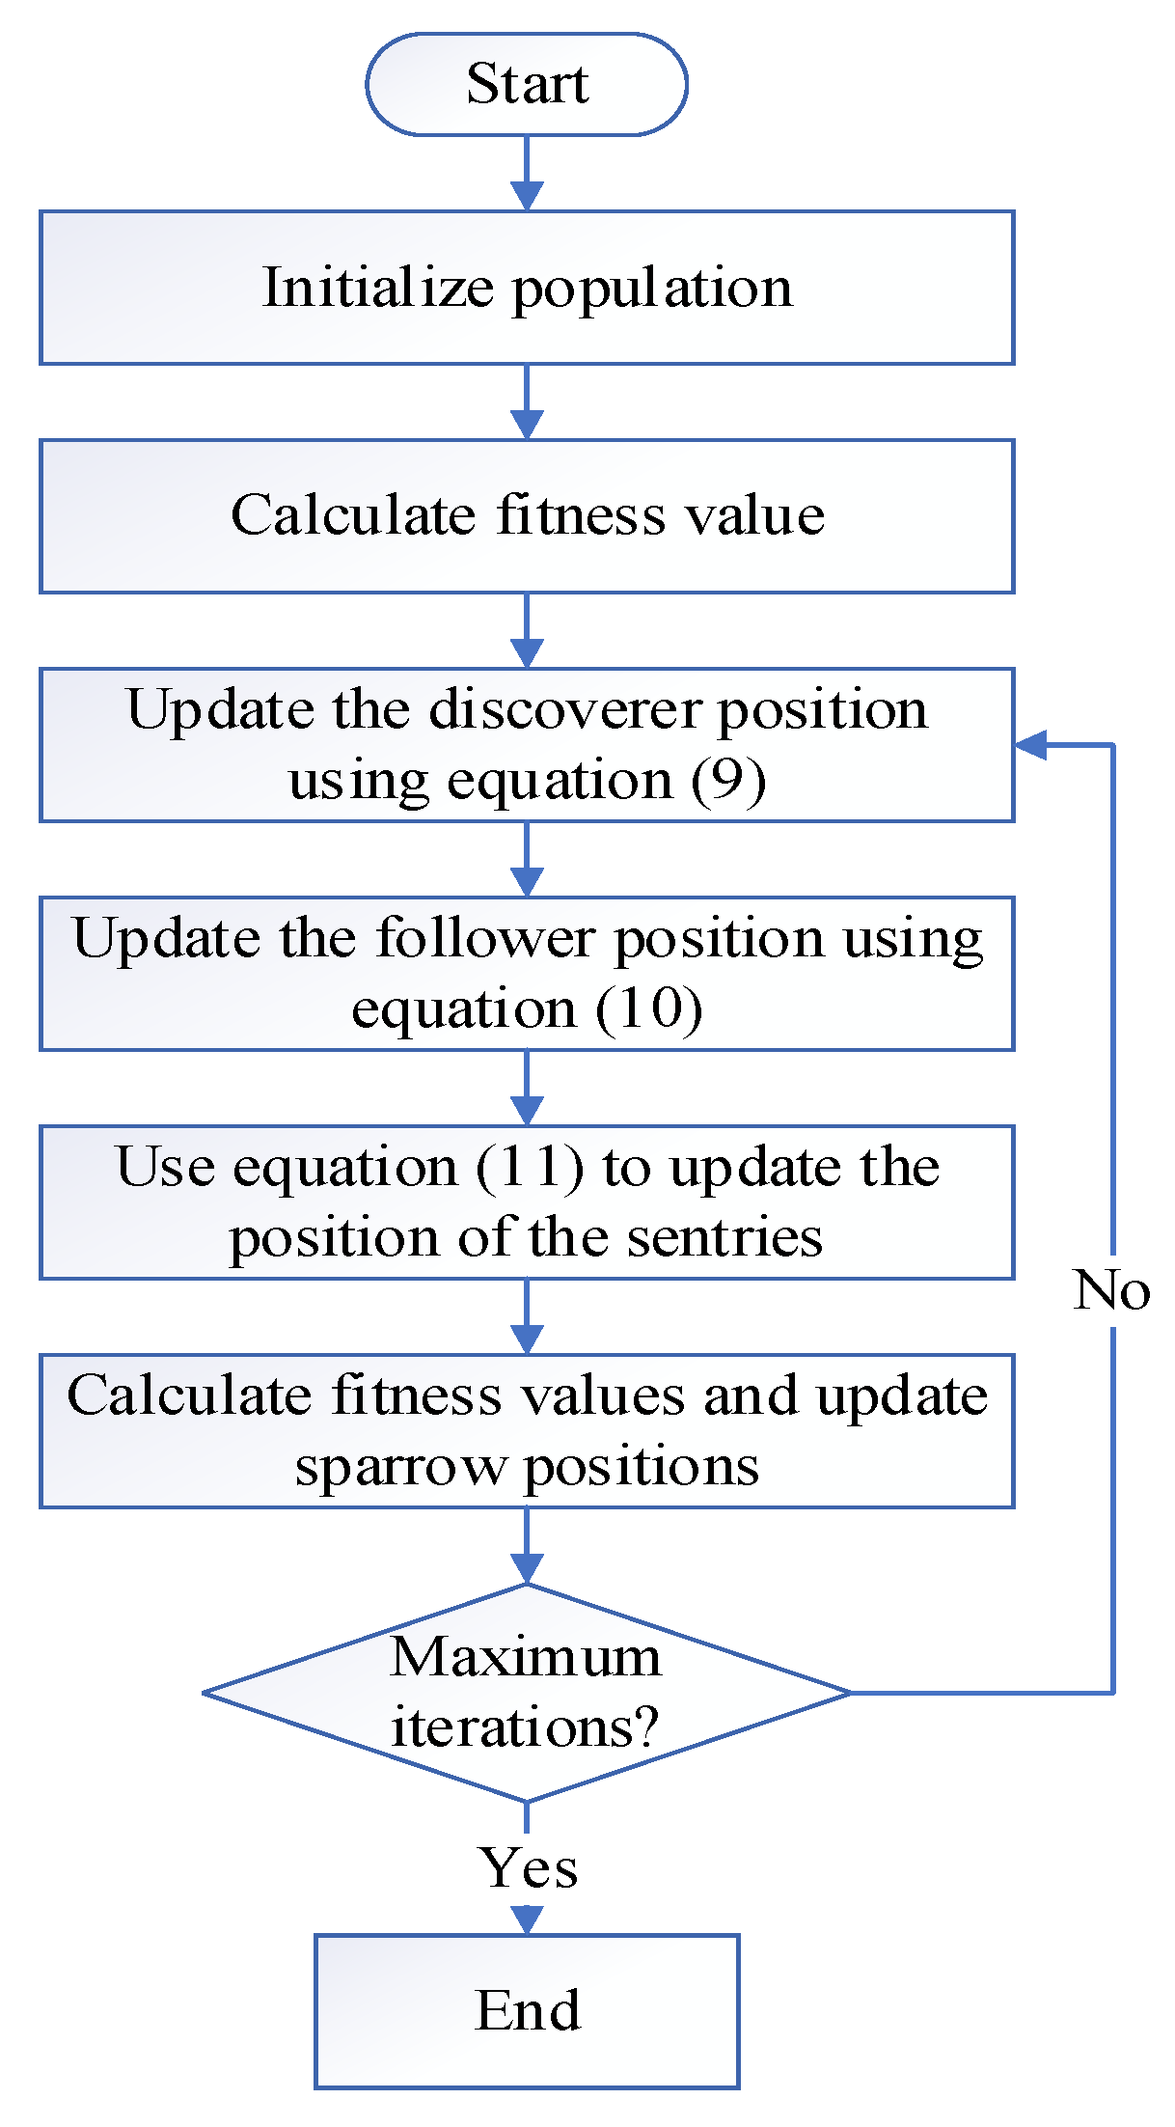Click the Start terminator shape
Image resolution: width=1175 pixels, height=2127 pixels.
(x=527, y=84)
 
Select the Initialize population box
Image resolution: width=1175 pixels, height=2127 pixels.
(x=527, y=288)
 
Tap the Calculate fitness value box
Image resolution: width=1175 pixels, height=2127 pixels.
(x=527, y=515)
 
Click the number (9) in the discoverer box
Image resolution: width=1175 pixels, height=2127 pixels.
(x=728, y=780)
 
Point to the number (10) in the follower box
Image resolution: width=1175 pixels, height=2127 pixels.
(x=649, y=1008)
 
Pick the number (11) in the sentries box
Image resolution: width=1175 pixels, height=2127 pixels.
(x=531, y=1167)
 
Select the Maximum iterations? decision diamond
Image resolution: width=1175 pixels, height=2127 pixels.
(x=527, y=1692)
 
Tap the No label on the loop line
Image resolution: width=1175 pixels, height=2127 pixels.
(x=1111, y=1289)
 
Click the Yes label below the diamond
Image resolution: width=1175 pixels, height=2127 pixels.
(x=529, y=1867)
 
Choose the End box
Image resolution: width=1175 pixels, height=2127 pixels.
(x=527, y=2011)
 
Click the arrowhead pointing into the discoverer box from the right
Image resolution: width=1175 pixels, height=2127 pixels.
(x=1030, y=745)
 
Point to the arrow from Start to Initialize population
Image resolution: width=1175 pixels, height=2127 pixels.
(x=527, y=174)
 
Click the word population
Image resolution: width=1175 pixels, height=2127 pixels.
(x=653, y=288)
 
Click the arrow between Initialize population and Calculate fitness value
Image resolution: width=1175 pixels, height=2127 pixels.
(x=527, y=402)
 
